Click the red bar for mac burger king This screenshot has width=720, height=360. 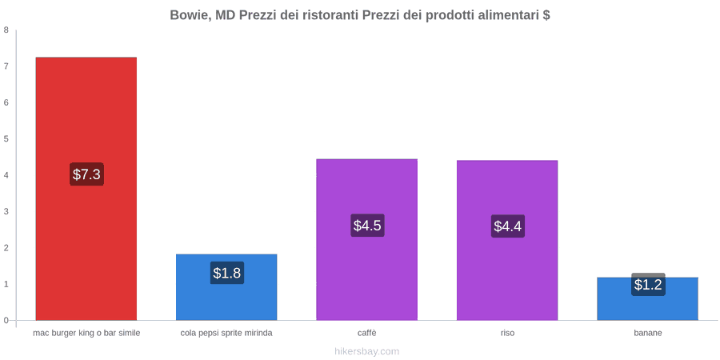click(x=86, y=189)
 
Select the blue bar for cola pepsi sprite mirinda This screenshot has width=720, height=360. click(x=226, y=287)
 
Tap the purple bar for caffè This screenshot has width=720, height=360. click(x=367, y=240)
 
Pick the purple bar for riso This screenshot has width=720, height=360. click(x=507, y=240)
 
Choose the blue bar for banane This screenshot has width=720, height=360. click(x=647, y=298)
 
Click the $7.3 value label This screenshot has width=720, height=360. click(x=86, y=174)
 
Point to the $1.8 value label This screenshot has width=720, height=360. click(x=227, y=273)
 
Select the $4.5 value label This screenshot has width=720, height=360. click(x=367, y=226)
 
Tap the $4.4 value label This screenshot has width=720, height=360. click(x=508, y=226)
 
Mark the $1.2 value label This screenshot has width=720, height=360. click(x=648, y=285)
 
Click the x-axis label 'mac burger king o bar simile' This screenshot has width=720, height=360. click(x=86, y=333)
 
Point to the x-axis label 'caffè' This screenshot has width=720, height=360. click(x=367, y=333)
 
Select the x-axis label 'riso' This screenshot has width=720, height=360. click(x=507, y=333)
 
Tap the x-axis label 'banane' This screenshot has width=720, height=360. click(x=648, y=333)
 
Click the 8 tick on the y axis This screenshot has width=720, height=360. click(x=6, y=30)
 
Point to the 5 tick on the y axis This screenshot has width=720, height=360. click(x=6, y=139)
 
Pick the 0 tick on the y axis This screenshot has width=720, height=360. click(x=6, y=321)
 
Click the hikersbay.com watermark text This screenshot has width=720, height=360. click(x=367, y=351)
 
